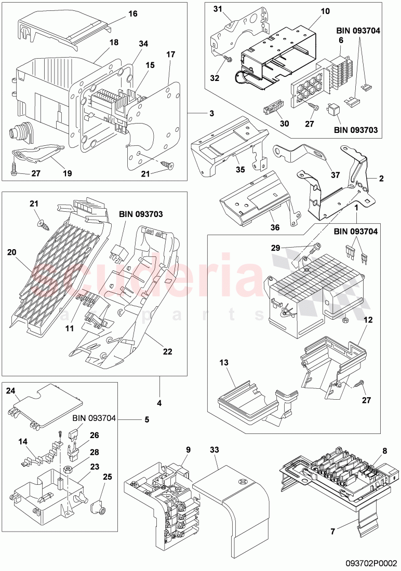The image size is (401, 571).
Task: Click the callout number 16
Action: [x=133, y=14]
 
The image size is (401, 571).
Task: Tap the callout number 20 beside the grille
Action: [x=11, y=252]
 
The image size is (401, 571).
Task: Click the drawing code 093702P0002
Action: [x=371, y=563]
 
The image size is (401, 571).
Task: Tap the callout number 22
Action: [x=167, y=351]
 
